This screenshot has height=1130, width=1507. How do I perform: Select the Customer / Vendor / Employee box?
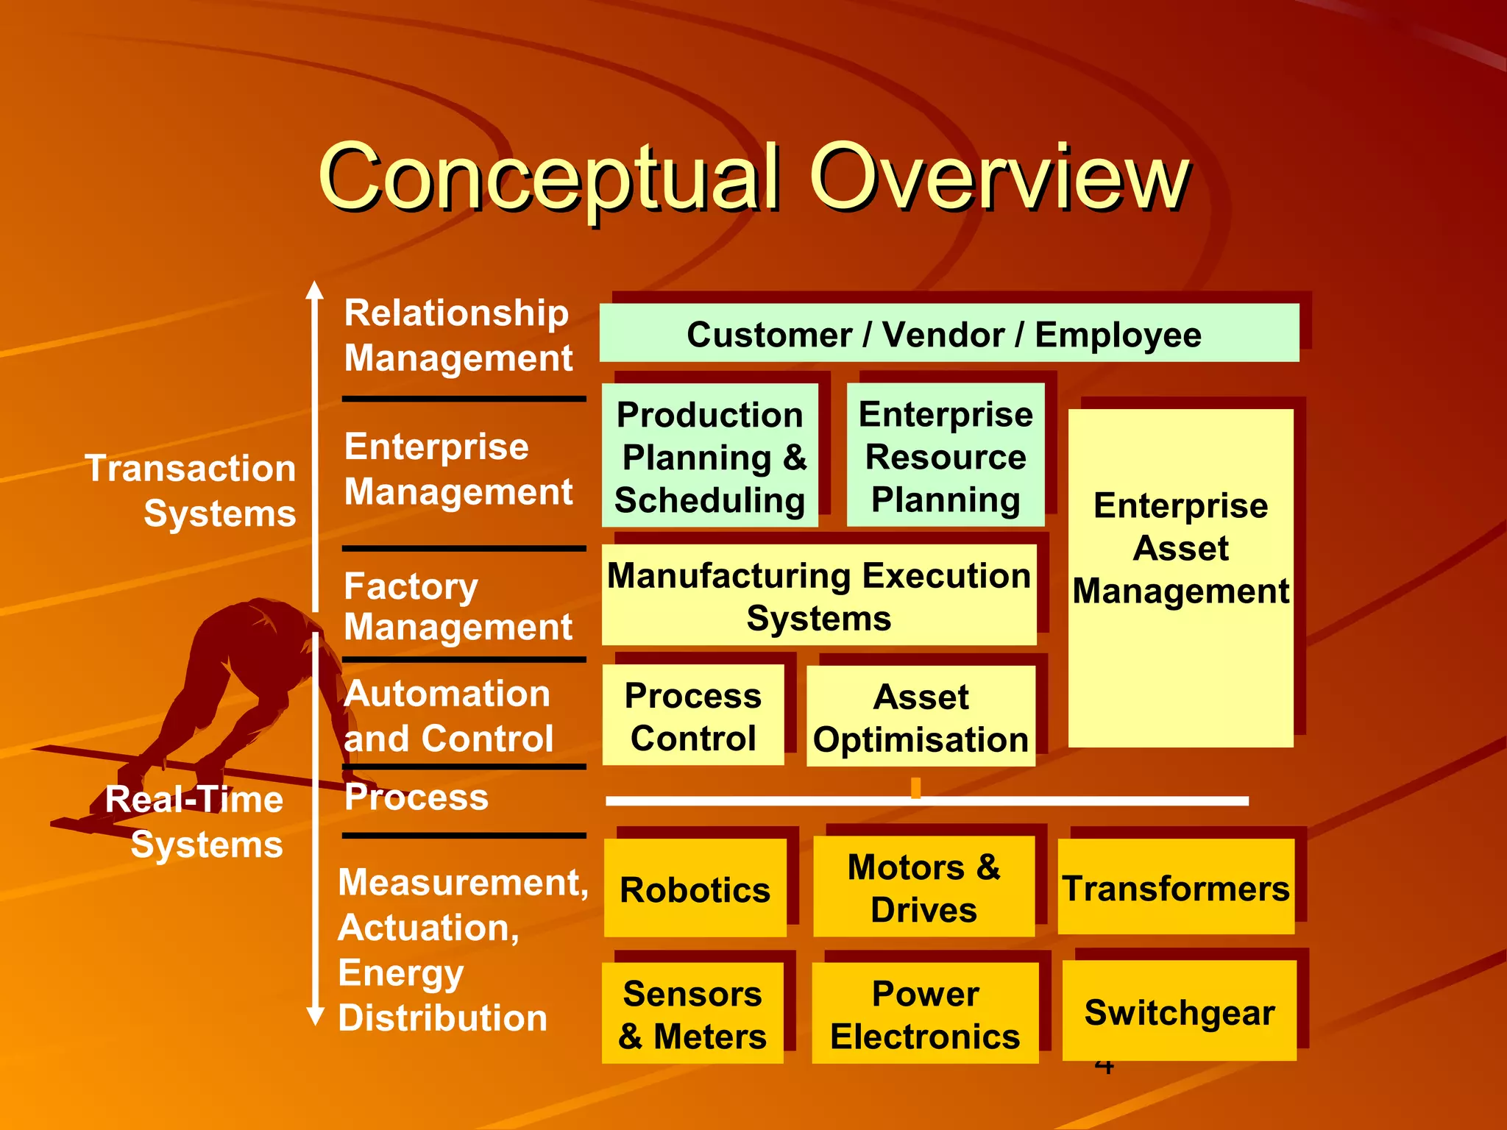coord(948,333)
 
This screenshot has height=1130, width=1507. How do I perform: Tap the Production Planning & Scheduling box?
coord(709,455)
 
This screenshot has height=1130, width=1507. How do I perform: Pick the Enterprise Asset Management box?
coord(1180,578)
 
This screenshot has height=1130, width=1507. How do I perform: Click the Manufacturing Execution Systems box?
coord(818,595)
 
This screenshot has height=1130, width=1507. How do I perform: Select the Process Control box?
coord(692,715)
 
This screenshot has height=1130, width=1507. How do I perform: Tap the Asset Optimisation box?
coord(920,717)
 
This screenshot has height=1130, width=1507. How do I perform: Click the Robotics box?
coord(695,888)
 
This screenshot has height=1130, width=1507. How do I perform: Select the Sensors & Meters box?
coord(692,1013)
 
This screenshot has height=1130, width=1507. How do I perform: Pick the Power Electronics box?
coord(925,1013)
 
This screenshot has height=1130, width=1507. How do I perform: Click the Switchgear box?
coord(1179,1011)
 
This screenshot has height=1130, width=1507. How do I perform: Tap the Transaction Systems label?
coord(191,490)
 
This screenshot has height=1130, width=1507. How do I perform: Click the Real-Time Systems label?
coord(195,821)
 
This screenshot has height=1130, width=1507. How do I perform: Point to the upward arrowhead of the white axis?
coord(315,290)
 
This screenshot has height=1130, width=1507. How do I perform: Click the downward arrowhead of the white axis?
coord(315,1016)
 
